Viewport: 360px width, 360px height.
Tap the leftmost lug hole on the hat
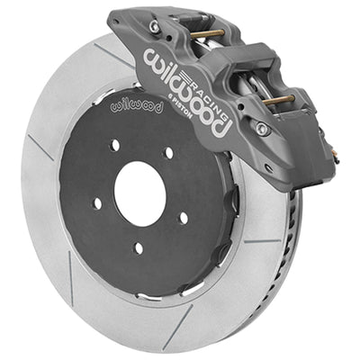[97, 202]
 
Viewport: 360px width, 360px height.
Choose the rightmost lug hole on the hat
[183, 216]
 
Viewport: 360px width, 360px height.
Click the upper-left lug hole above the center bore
[115, 146]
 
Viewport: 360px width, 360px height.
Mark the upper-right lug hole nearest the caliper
[168, 154]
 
